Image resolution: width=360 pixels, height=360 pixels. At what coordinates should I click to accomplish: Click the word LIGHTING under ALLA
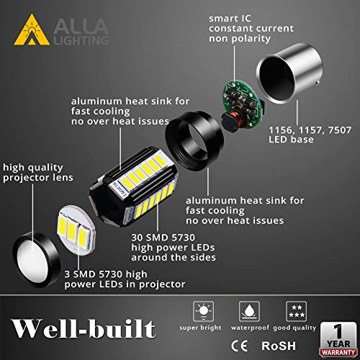(x=80, y=40)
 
